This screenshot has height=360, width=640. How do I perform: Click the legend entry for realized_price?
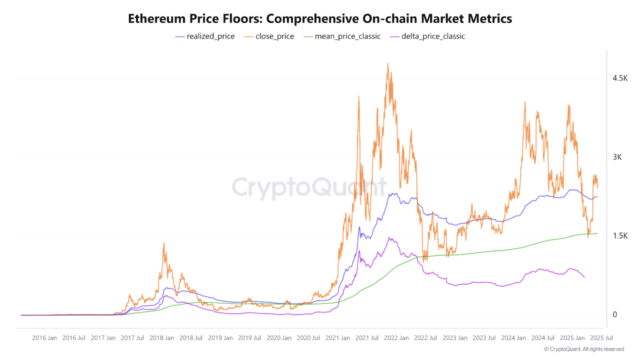point(205,36)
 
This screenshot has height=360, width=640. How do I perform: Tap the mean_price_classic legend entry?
point(341,36)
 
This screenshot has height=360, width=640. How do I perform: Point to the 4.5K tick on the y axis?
point(620,78)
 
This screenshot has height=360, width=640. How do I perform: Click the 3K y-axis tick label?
point(617,157)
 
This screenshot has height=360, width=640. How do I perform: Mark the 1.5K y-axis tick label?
point(620,236)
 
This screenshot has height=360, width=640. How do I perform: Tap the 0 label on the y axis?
point(614,314)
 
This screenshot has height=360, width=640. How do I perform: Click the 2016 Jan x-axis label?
point(44,338)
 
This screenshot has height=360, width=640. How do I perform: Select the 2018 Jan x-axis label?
point(161,338)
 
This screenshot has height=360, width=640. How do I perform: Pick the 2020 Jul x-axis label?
point(308,338)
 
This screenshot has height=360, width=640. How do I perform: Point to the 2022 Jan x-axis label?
point(396,338)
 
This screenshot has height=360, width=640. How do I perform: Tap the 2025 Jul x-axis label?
point(601,338)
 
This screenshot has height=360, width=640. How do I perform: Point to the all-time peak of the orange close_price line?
point(387,63)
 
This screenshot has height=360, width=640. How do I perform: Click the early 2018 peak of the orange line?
point(163,243)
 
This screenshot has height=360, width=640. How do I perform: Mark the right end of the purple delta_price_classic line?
point(584,277)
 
